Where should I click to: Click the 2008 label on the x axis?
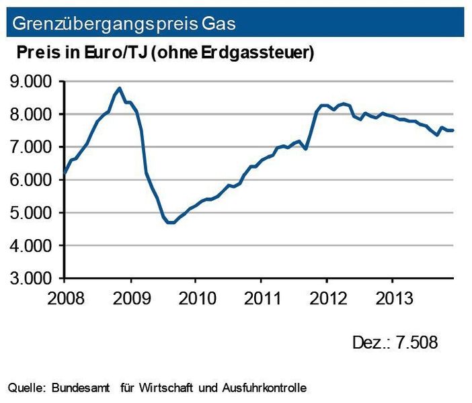pyautogui.click(x=65, y=298)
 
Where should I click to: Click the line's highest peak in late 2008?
pyautogui.click(x=119, y=88)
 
